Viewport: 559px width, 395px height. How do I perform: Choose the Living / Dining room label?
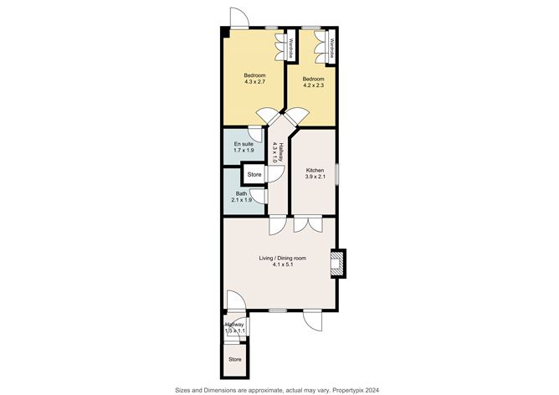[281, 262]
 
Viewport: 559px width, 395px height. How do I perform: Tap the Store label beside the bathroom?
[254, 175]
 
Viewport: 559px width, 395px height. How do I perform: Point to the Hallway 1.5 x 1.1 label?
[234, 327]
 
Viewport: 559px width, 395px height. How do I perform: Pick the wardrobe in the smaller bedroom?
[332, 45]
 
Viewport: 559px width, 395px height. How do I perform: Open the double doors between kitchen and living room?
[307, 224]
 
